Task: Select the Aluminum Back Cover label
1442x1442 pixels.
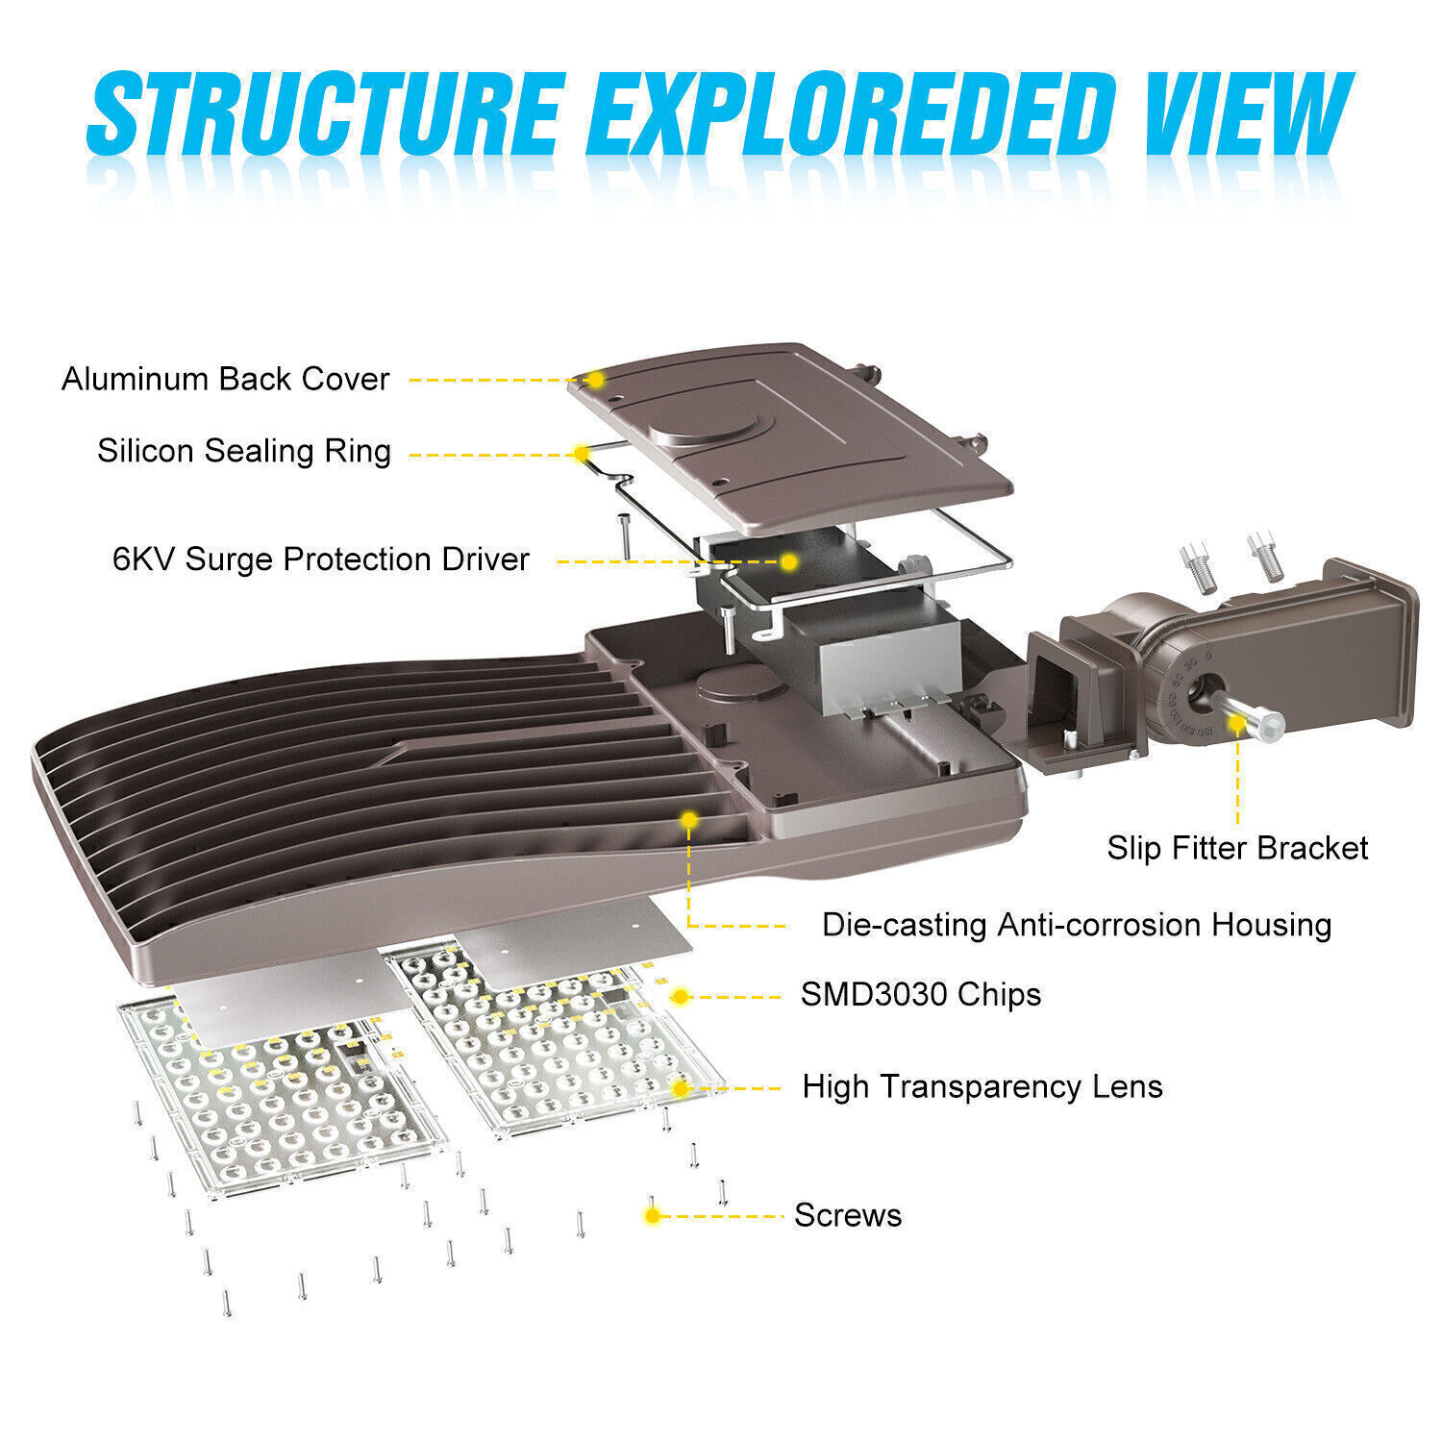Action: pos(226,379)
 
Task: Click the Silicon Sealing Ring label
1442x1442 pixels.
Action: pos(244,451)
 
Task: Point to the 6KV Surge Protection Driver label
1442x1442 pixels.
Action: pos(321,559)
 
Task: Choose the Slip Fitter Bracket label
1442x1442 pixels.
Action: pos(1237,848)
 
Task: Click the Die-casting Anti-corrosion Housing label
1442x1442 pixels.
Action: pos(1077,925)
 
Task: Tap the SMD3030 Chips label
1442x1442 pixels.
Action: pos(921,994)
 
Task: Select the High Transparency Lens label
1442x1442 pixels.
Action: pos(982,1086)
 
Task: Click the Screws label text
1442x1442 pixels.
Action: pos(848,1215)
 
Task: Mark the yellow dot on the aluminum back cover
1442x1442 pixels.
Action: pos(596,380)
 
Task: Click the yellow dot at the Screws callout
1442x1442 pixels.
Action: pos(653,1216)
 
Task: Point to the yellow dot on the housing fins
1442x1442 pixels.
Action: pos(689,820)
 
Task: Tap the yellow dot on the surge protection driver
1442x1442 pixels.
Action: pos(788,561)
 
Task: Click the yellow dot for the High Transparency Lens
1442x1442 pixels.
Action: pos(681,1088)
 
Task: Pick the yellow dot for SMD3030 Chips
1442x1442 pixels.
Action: pos(681,997)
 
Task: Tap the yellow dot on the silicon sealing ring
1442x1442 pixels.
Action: pos(582,453)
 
